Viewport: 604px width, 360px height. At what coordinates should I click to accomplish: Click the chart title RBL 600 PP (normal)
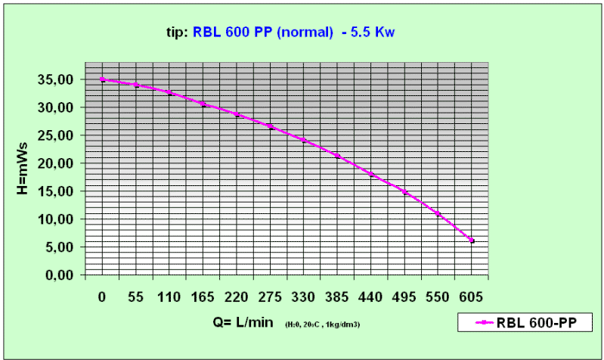pos(263,33)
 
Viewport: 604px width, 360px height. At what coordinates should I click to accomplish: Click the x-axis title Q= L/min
pos(243,324)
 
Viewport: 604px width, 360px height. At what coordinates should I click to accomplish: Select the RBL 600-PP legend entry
pos(530,323)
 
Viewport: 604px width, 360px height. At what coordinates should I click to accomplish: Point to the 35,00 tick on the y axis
pos(57,79)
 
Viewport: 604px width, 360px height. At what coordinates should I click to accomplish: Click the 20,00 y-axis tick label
pos(57,163)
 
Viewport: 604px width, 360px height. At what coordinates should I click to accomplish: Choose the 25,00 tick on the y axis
pos(57,135)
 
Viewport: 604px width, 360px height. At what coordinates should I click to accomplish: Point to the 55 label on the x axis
pos(136,296)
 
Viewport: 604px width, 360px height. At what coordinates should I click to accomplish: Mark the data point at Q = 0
pos(102,79)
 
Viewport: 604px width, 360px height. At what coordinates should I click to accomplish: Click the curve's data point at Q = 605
pos(472,241)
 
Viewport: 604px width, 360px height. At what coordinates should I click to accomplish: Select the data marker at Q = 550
pos(438,214)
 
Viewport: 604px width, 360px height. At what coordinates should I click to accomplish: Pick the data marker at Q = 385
pos(338,156)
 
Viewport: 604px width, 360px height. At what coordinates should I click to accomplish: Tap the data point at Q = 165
pos(203,104)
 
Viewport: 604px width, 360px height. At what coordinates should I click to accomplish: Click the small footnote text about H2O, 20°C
pos(322,325)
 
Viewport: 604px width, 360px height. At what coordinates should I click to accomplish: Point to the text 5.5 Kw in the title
pos(370,33)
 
